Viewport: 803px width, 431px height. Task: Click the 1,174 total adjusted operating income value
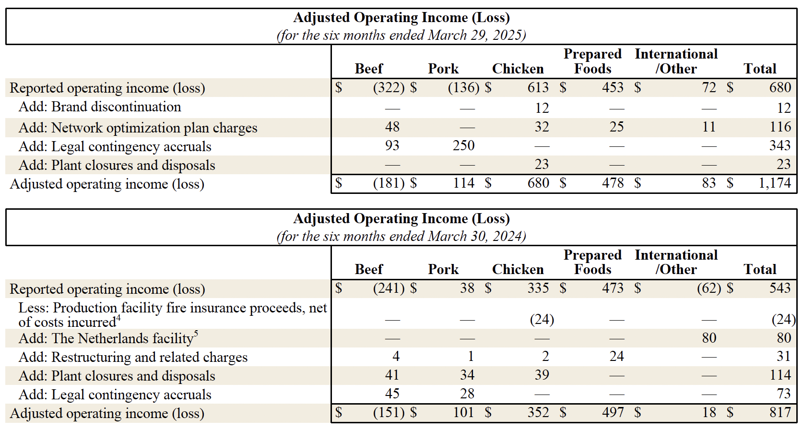pyautogui.click(x=774, y=183)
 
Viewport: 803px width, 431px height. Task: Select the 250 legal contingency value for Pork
pyautogui.click(x=463, y=146)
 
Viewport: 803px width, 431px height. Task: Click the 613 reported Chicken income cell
pyautogui.click(x=538, y=88)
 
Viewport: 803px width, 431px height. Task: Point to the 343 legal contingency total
pyautogui.click(x=779, y=146)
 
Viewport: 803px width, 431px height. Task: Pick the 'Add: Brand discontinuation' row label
pyautogui.click(x=100, y=107)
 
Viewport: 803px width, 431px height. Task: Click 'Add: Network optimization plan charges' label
pyautogui.click(x=138, y=128)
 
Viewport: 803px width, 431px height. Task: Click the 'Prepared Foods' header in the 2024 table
pyautogui.click(x=592, y=263)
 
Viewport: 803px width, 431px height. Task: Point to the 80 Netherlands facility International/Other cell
pyautogui.click(x=709, y=338)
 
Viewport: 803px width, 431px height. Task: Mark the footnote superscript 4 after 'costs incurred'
pyautogui.click(x=118, y=318)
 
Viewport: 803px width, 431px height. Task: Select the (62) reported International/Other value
pyautogui.click(x=709, y=288)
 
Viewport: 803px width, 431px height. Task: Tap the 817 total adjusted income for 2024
pyautogui.click(x=780, y=413)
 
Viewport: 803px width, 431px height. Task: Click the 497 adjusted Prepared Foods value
pyautogui.click(x=613, y=413)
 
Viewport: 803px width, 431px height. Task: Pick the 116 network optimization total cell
pyautogui.click(x=780, y=127)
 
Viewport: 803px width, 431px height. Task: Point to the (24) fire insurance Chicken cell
pyautogui.click(x=542, y=320)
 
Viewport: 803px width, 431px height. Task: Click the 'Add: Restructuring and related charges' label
pyautogui.click(x=133, y=358)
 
